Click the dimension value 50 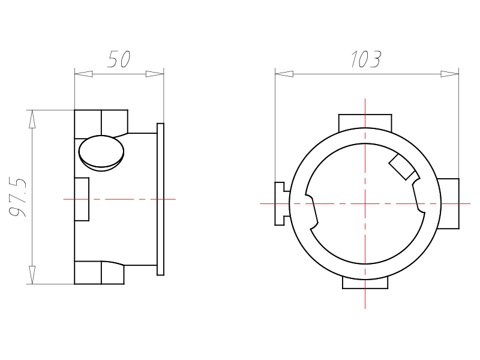[x=119, y=59]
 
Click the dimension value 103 [x=366, y=59]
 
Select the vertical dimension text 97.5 [x=18, y=197]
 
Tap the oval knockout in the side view [x=101, y=153]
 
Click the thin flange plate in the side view [x=160, y=199]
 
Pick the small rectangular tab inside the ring [x=401, y=167]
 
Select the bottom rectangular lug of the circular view [x=365, y=283]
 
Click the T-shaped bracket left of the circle [x=281, y=203]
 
